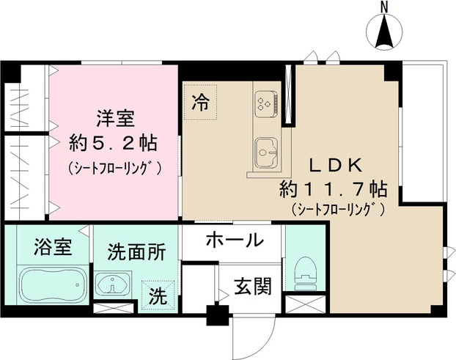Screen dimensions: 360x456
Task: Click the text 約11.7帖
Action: pyautogui.click(x=333, y=188)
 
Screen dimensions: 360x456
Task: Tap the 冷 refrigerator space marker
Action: pyautogui.click(x=199, y=103)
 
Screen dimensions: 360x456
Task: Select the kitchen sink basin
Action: pyautogui.click(x=265, y=153)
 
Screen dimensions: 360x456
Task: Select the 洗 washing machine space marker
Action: pyautogui.click(x=159, y=297)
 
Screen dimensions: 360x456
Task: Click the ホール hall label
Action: pyautogui.click(x=234, y=240)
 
